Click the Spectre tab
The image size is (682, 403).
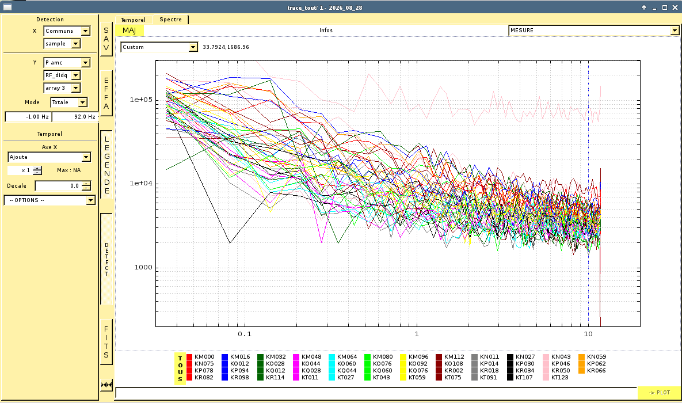(x=170, y=20)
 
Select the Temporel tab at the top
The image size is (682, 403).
(x=133, y=20)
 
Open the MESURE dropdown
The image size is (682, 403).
(x=594, y=31)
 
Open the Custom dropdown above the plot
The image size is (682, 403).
(x=159, y=47)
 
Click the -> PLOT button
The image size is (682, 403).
(x=659, y=393)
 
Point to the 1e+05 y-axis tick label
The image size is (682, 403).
(x=141, y=100)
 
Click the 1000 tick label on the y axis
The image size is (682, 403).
(x=143, y=267)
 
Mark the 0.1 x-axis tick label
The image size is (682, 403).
(x=245, y=334)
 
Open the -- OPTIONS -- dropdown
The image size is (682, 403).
(x=49, y=200)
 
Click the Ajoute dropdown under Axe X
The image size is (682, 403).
(x=49, y=157)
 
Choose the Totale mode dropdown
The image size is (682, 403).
(x=68, y=102)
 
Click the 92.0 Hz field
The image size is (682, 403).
(x=75, y=117)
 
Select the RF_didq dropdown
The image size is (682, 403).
(x=62, y=75)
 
